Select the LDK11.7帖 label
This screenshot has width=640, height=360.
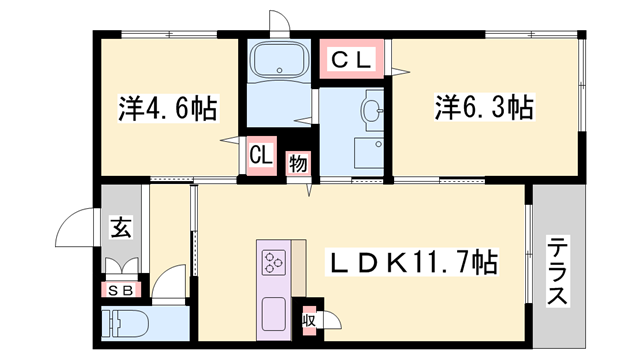click(415, 264)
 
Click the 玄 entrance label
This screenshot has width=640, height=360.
click(120, 228)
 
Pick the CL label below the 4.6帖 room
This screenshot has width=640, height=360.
click(261, 155)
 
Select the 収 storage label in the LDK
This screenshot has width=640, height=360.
click(309, 319)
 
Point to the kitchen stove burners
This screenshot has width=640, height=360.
click(274, 264)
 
